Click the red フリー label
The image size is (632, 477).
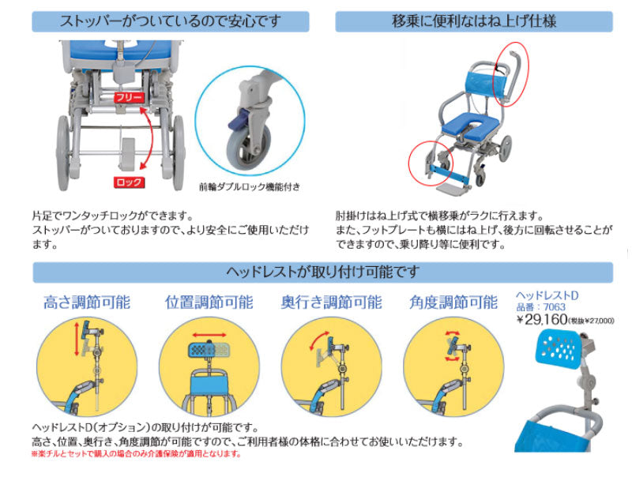pos(128,97)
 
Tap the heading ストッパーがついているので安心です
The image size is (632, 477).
pos(170,21)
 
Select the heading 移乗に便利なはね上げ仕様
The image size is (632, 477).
pos(474,21)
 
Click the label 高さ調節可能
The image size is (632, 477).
pos(88,302)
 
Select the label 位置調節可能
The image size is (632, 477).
pos(209,302)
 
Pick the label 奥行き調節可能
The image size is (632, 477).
pos(331,302)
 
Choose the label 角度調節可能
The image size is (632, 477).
pos(453,302)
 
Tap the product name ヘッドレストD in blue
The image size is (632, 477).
pos(547,295)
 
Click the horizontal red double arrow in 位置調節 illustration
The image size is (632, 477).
pos(209,334)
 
